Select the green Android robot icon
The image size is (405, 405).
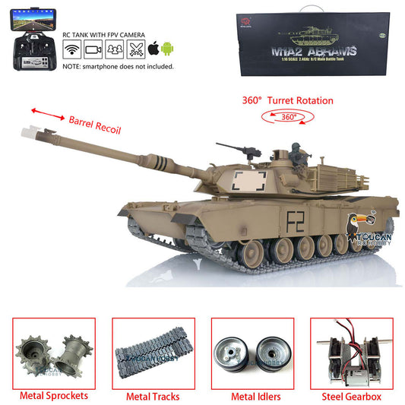coord(167,49)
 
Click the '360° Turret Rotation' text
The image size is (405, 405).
coord(298,100)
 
